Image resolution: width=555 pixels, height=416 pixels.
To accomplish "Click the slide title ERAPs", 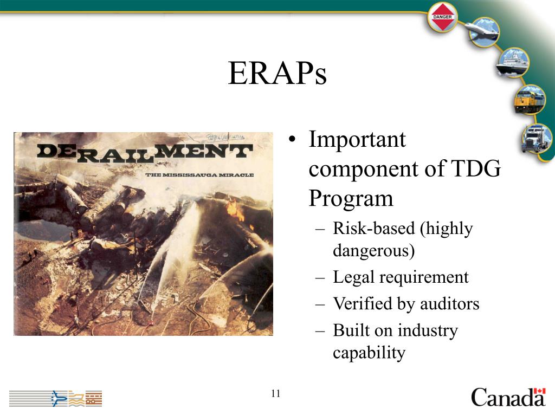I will [277, 73].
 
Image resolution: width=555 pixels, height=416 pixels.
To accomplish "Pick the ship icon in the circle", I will [512, 63].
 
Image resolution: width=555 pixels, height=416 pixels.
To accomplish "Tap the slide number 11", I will [276, 393].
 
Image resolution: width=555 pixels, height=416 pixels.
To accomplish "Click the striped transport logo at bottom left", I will [55, 398].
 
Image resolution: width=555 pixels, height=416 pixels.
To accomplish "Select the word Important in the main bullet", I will [357, 140].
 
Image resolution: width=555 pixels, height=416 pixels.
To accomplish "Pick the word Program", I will [351, 199].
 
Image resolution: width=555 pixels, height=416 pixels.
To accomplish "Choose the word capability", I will [369, 353].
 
